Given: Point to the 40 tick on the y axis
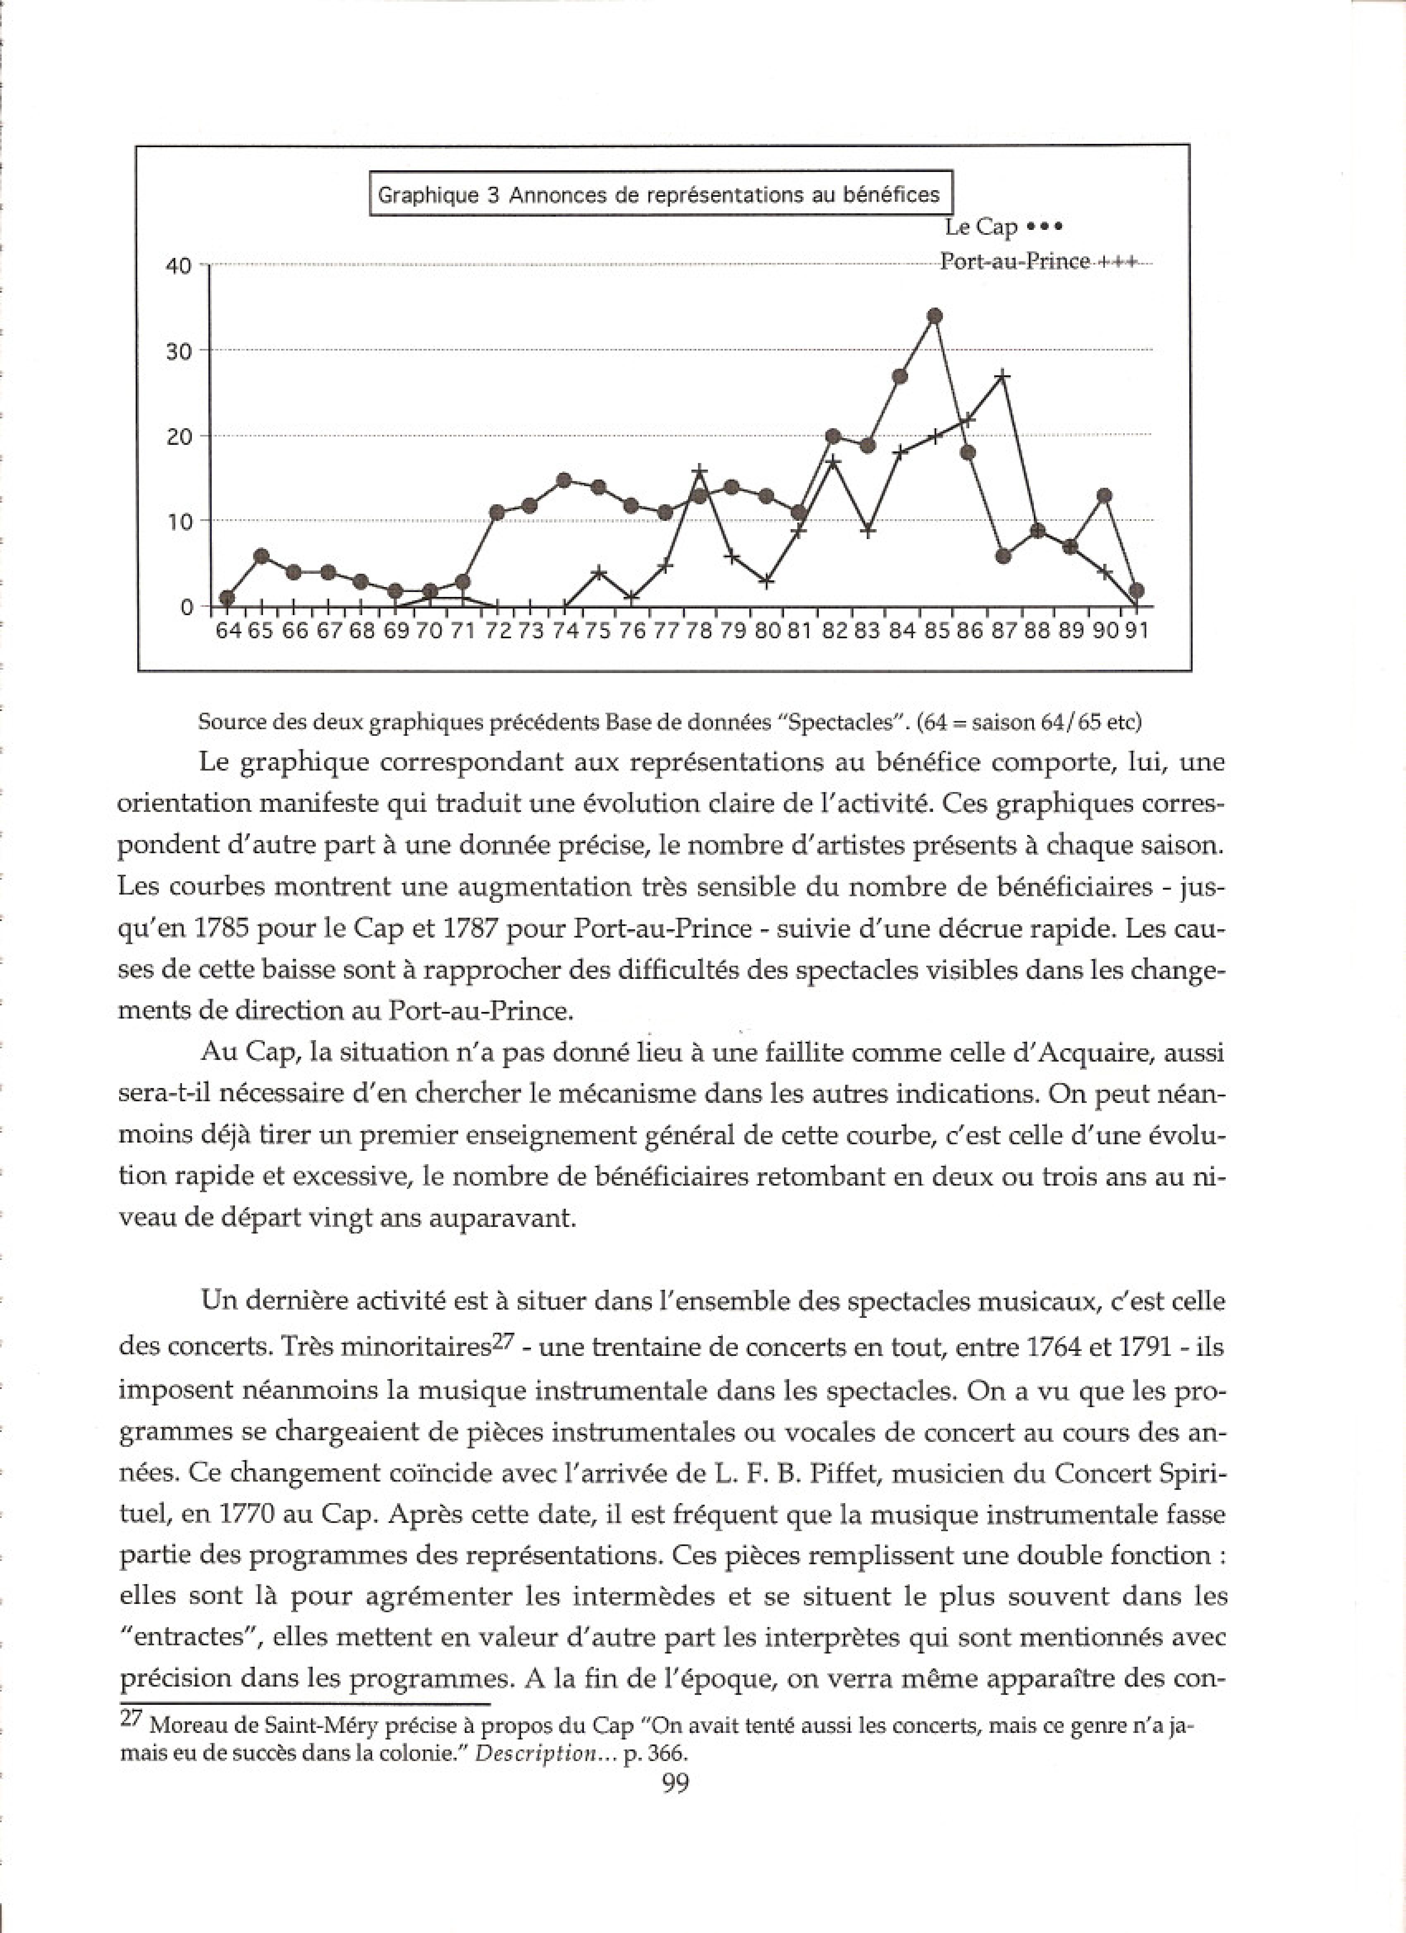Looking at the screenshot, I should click(179, 266).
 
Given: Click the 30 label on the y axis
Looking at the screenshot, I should click(179, 351).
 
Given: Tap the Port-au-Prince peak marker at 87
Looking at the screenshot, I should click(1003, 376).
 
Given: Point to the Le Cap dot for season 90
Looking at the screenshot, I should click(1104, 495).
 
